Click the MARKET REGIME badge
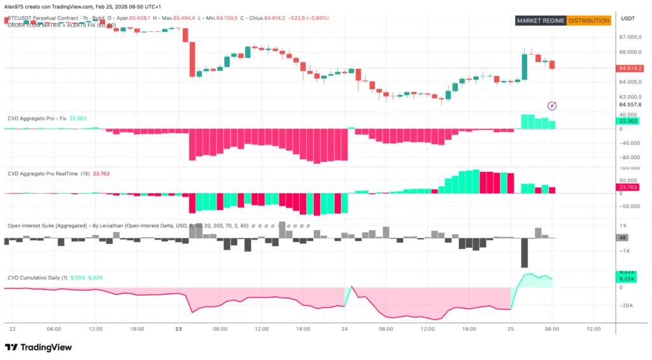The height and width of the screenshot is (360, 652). [x=541, y=20]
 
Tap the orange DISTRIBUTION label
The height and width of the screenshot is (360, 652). [x=589, y=20]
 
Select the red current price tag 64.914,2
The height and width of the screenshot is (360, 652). [x=630, y=68]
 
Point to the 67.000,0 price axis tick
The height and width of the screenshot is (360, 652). [x=630, y=37]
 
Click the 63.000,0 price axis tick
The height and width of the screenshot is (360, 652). [x=630, y=97]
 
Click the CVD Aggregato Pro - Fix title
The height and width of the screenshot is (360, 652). [x=36, y=119]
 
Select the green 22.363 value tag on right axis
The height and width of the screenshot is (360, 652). [x=628, y=121]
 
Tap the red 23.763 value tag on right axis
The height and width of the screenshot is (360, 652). [x=628, y=188]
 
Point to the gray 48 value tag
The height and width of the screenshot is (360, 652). [x=622, y=238]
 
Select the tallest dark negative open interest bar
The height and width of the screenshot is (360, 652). [x=525, y=253]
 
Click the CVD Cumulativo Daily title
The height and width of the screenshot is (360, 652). [x=36, y=278]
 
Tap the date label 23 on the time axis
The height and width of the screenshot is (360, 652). [x=179, y=329]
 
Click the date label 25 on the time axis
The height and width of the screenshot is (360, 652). [x=511, y=329]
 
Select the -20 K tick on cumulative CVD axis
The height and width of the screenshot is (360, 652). [x=627, y=306]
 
